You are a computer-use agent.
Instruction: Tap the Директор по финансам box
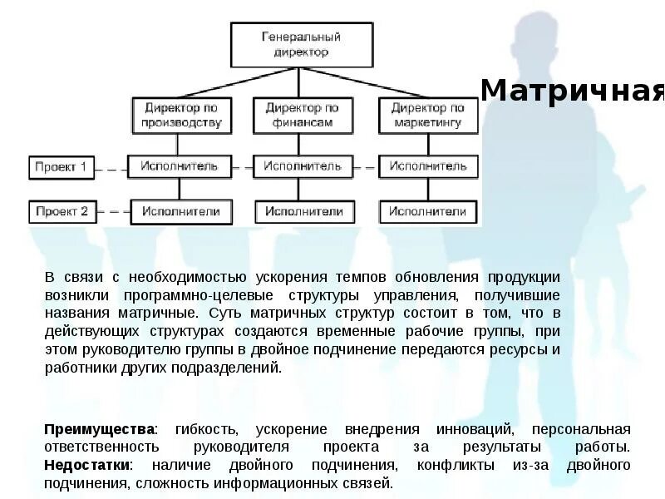(302, 116)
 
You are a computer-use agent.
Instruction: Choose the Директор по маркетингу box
(428, 116)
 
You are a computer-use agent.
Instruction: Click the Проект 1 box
(61, 166)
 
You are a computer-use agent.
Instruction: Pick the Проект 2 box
(61, 211)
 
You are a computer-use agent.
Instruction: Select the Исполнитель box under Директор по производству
(179, 166)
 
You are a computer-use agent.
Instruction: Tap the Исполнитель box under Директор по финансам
(303, 166)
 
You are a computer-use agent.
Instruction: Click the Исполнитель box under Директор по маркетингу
(428, 166)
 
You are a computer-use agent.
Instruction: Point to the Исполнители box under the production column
(180, 211)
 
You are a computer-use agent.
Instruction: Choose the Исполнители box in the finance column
(304, 211)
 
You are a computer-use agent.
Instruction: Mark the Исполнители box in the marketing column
(428, 211)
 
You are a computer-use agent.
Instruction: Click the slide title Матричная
(573, 90)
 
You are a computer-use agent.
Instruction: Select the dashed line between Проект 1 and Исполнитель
(110, 169)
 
